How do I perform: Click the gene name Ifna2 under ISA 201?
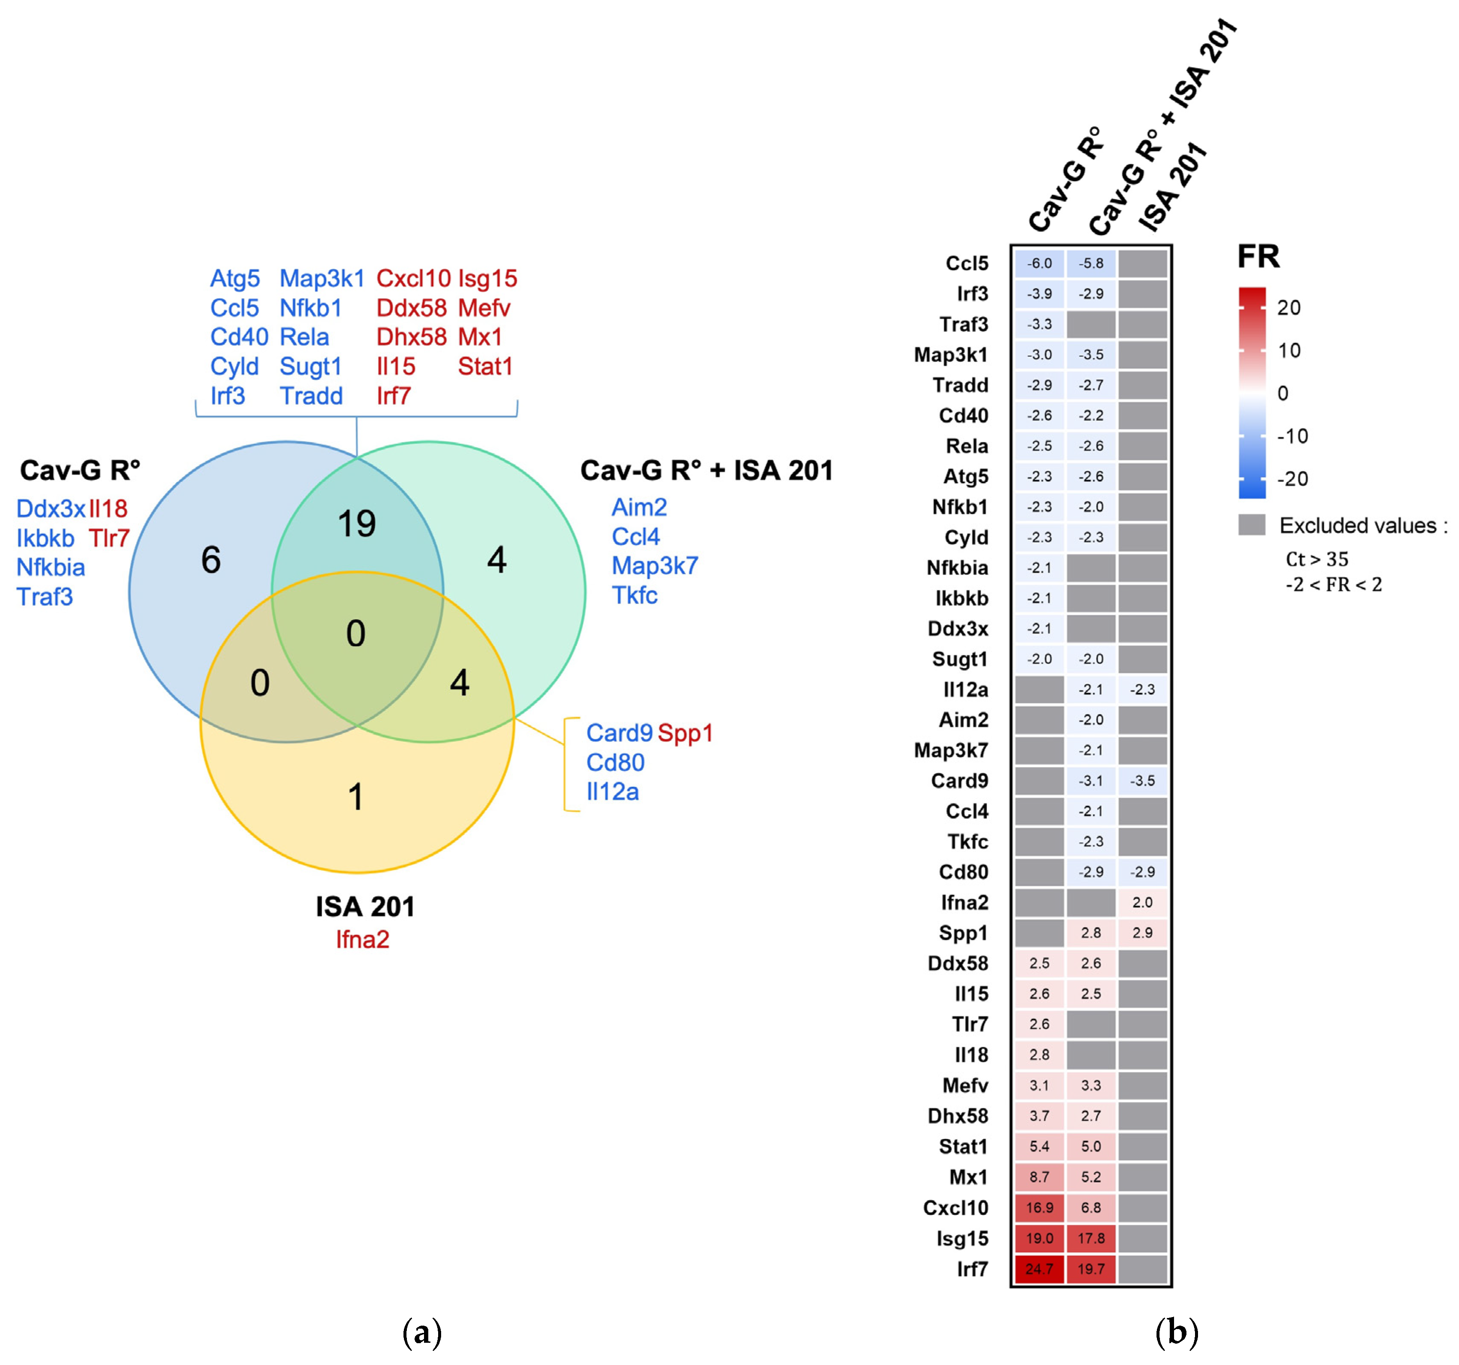(362, 939)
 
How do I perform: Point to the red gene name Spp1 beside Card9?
(685, 733)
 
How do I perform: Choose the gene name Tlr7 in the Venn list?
(110, 538)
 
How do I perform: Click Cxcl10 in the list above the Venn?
(413, 279)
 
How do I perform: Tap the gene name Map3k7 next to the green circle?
(655, 566)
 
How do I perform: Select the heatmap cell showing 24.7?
(1039, 1268)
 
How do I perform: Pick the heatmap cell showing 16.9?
(1039, 1207)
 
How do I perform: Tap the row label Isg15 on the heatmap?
(962, 1238)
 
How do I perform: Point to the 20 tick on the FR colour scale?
(1289, 308)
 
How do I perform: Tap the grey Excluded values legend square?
(1251, 525)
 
